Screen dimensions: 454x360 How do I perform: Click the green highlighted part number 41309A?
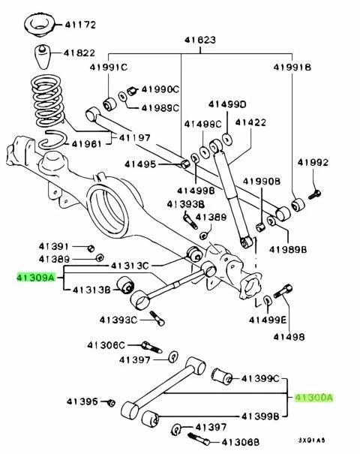point(35,277)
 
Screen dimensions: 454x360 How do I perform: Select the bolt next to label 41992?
point(314,192)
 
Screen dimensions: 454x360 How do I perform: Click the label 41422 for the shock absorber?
point(250,122)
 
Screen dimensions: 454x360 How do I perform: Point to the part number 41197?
point(134,138)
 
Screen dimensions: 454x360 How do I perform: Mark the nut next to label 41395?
point(111,404)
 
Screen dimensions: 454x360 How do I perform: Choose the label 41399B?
point(259,415)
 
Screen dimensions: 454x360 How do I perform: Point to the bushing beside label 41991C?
point(110,101)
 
